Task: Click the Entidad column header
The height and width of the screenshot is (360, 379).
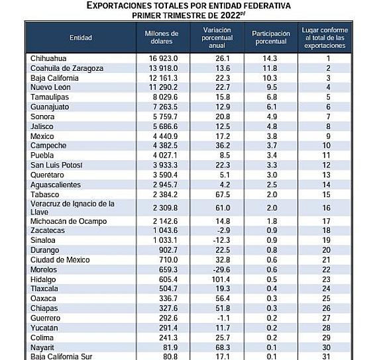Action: coord(81,38)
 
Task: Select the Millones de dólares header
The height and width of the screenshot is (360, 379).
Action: coord(162,38)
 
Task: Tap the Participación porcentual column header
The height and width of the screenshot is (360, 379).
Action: coord(271,38)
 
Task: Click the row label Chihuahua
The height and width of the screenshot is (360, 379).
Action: coord(48,58)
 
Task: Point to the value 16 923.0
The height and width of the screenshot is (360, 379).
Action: coord(163,58)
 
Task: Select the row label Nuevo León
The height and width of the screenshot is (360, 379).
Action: coord(50,87)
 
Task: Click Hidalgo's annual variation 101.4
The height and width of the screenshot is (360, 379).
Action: coord(221,279)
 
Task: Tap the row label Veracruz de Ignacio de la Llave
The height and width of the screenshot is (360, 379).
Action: coord(72,208)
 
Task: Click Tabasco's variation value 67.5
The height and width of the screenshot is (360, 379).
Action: coord(223,195)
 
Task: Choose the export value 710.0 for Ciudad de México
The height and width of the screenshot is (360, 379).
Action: coord(168,260)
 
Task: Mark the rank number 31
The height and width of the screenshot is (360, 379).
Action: coord(326,357)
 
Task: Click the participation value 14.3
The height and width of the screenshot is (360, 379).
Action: coord(270,58)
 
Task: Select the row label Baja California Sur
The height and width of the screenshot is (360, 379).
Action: coord(62,357)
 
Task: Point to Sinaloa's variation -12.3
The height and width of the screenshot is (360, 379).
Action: coord(221,240)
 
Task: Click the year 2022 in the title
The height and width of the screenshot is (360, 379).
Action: coord(230,15)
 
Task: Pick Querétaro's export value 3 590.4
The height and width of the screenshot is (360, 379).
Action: coord(165,175)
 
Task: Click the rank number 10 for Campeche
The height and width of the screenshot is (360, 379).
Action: coord(326,146)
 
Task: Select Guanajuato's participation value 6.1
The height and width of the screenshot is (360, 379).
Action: coord(272,107)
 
